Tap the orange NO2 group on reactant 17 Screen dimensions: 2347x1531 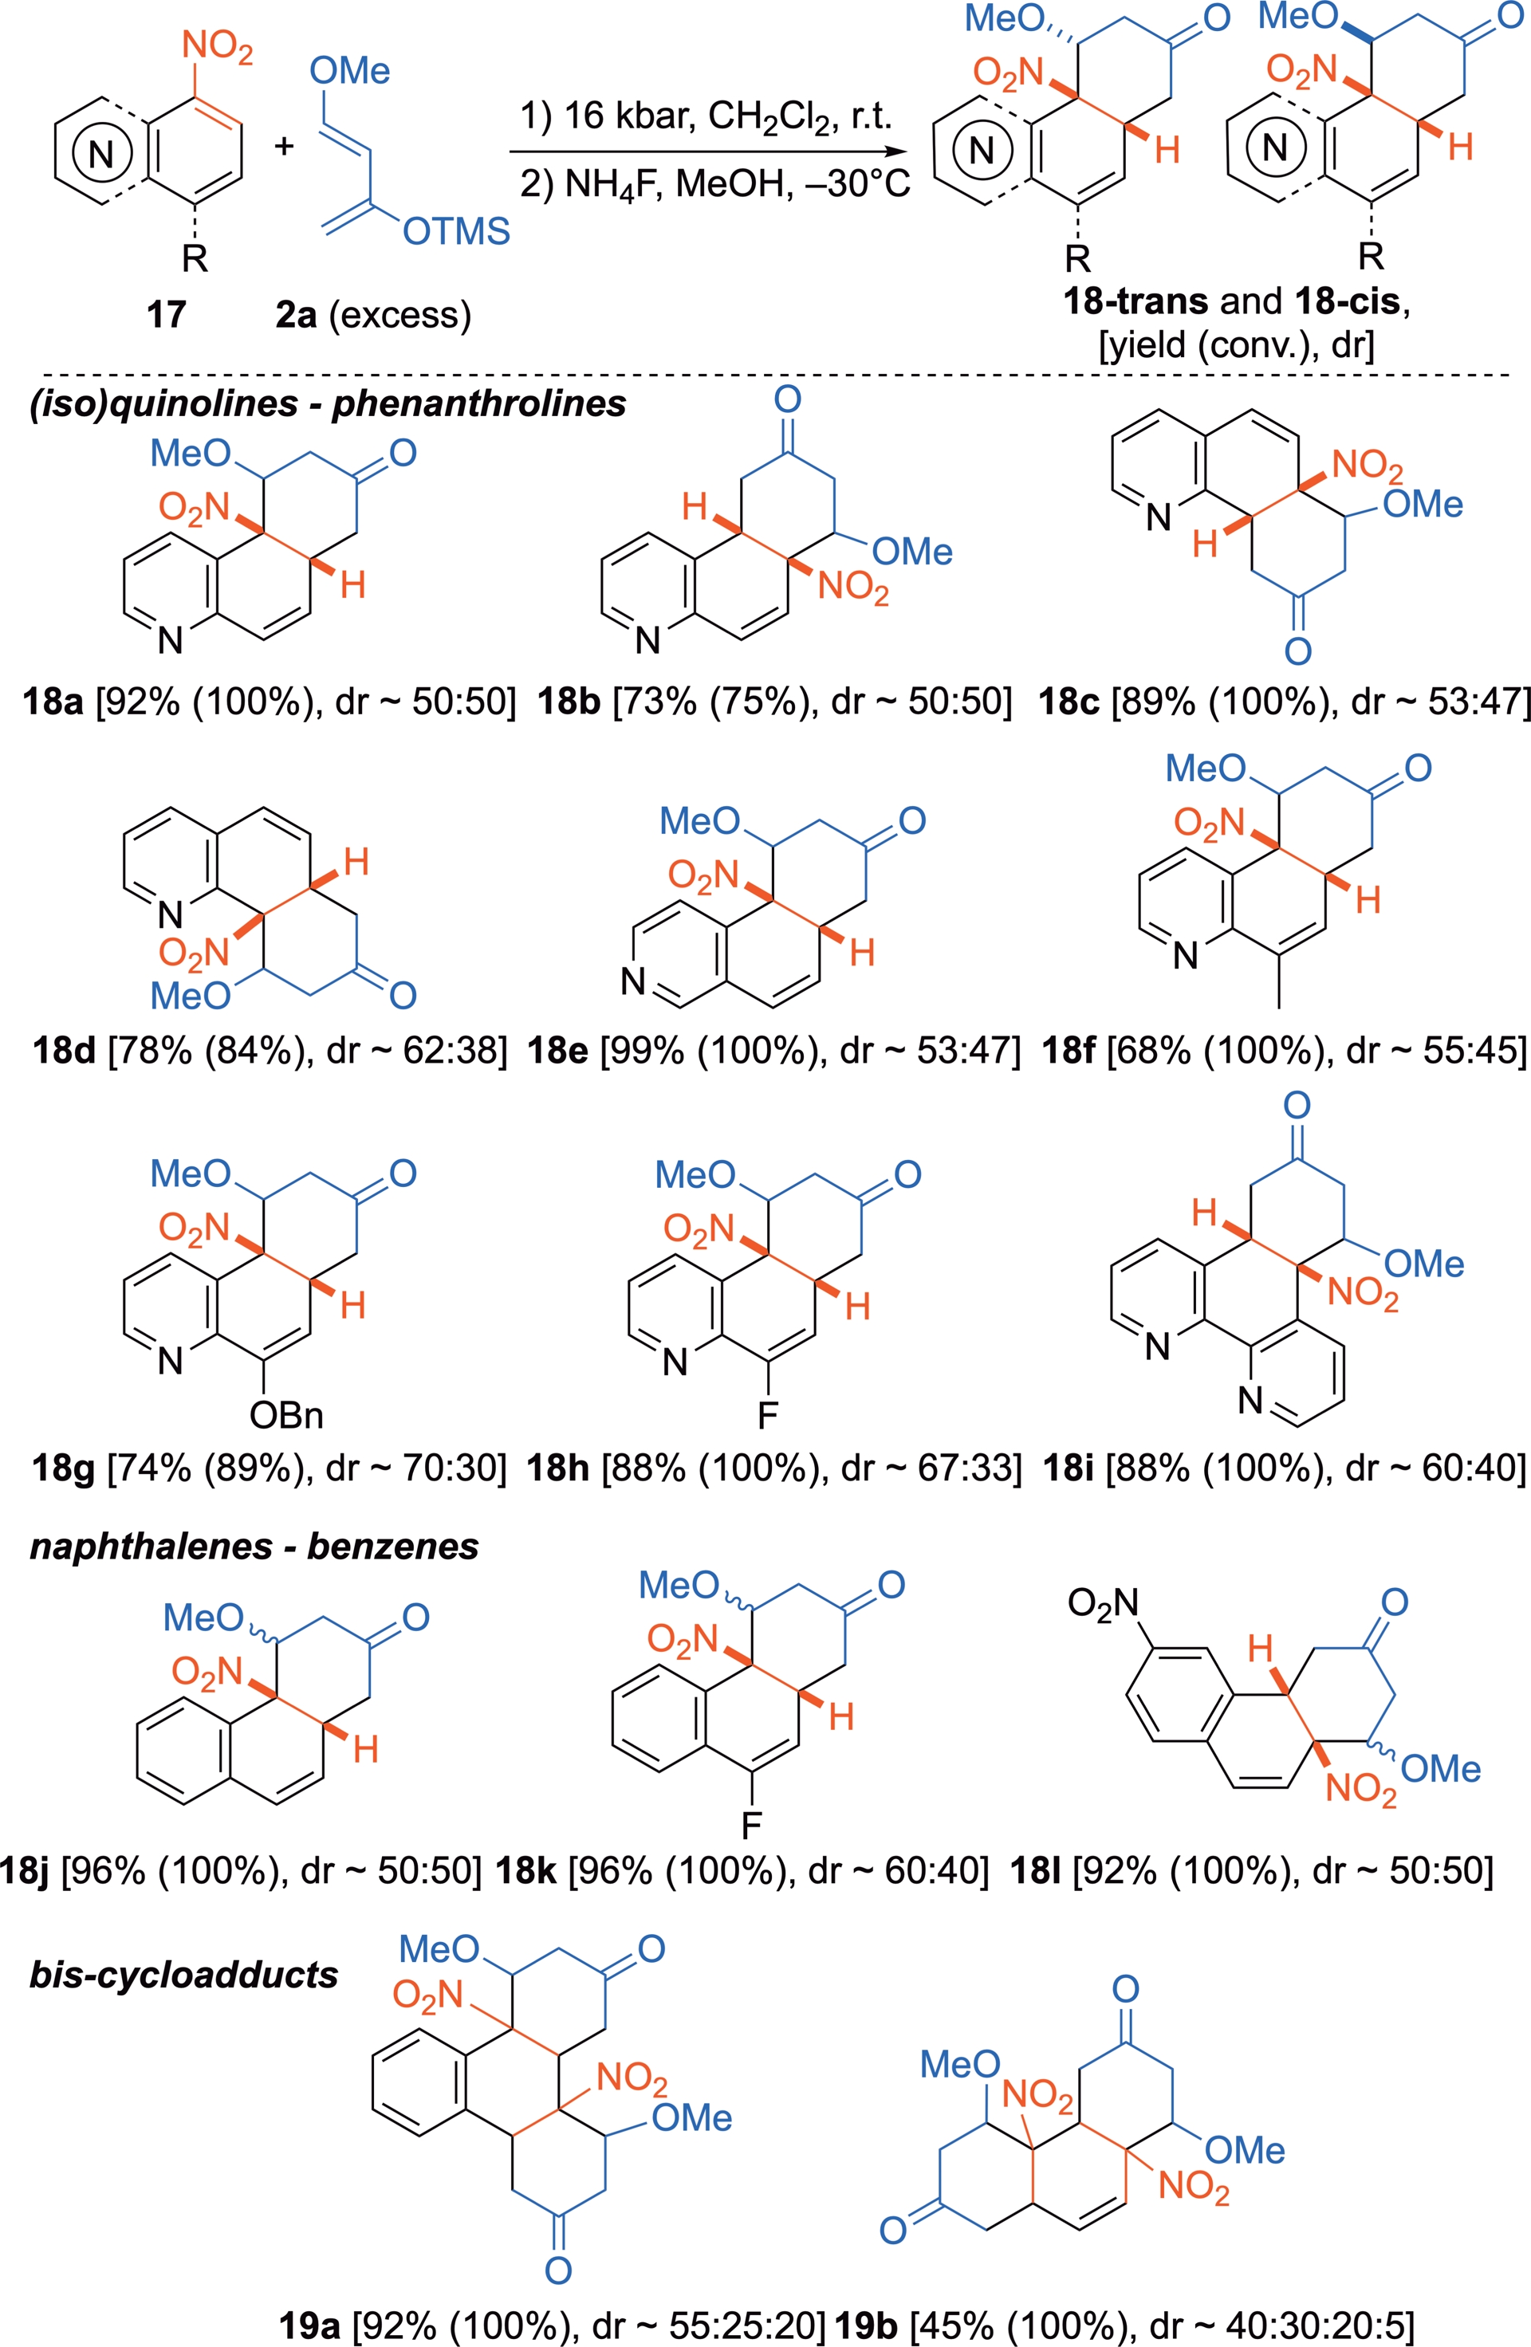tap(217, 47)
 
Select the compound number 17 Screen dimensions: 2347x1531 tap(166, 315)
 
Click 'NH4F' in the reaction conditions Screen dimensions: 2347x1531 tap(607, 184)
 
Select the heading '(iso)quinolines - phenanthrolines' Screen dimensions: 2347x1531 tap(328, 403)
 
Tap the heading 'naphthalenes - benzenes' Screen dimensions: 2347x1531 tap(254, 1547)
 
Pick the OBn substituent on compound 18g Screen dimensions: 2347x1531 tap(286, 1416)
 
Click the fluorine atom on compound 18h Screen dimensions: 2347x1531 tap(767, 1416)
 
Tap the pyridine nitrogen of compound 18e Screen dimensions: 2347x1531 tap(633, 981)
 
